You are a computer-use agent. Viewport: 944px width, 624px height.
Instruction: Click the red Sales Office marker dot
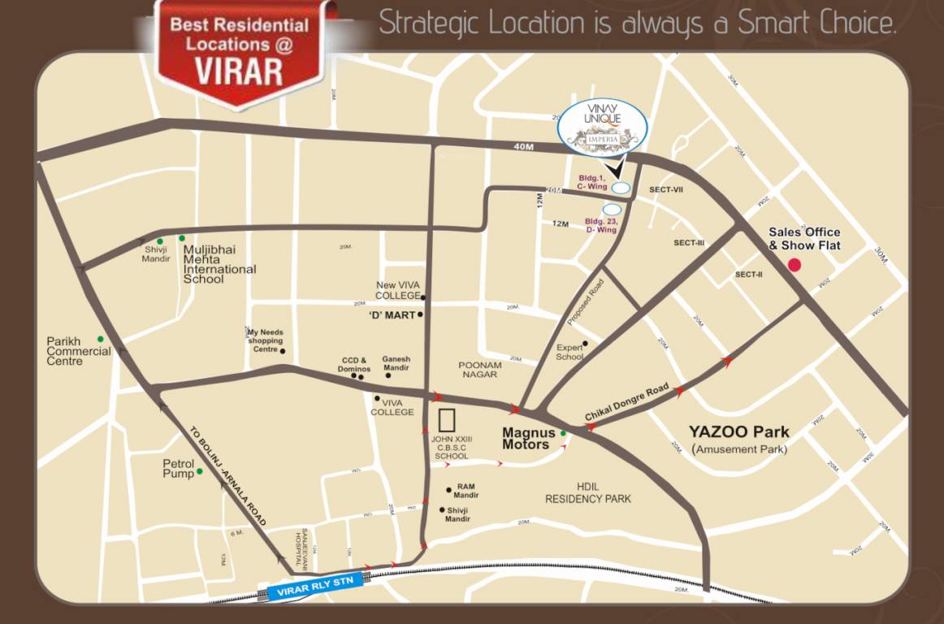795,264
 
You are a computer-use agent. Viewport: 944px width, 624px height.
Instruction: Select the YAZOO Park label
738,431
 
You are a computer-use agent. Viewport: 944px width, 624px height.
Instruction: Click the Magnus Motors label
528,439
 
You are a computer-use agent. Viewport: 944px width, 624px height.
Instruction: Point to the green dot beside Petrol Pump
199,471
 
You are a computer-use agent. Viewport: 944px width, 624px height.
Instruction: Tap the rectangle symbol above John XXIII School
447,420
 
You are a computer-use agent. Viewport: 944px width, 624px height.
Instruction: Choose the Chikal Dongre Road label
626,403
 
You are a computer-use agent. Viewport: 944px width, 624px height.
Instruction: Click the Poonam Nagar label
479,370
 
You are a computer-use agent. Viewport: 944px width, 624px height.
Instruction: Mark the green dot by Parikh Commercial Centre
101,339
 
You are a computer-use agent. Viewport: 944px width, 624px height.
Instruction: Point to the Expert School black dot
585,344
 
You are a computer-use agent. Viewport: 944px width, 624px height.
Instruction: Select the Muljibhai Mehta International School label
219,264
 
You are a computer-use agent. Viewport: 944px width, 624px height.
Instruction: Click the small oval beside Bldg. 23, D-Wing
612,210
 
